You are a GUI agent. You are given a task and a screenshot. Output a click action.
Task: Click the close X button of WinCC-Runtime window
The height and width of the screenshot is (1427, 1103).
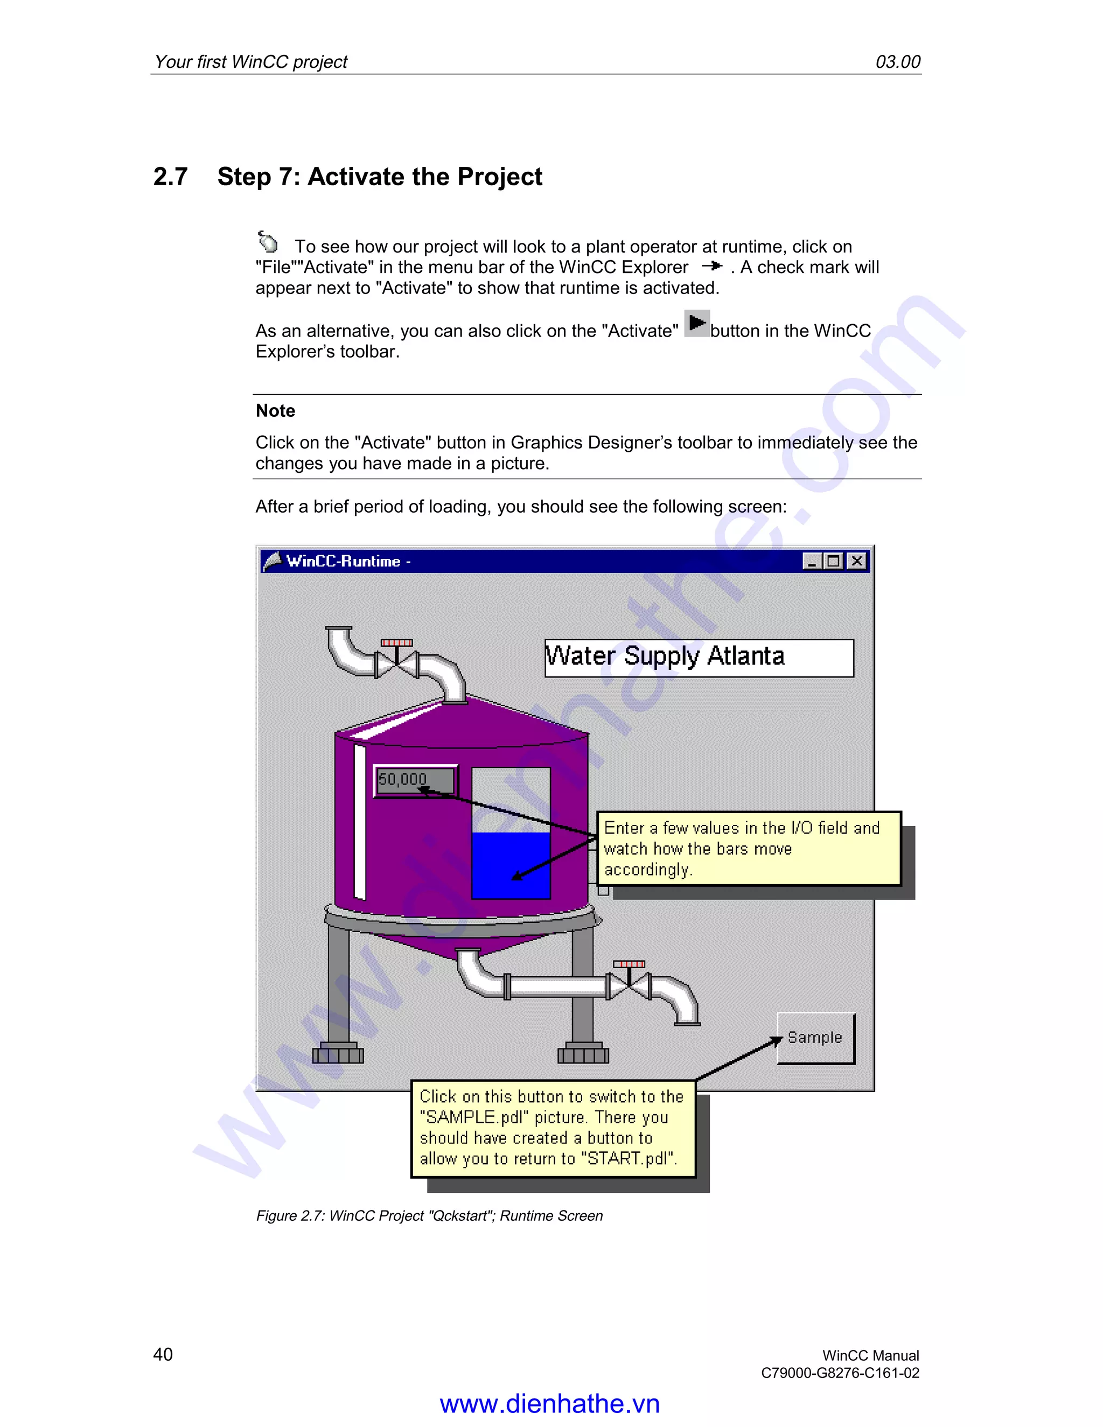coord(857,561)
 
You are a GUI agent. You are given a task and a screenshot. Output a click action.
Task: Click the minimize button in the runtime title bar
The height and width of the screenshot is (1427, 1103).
coord(812,561)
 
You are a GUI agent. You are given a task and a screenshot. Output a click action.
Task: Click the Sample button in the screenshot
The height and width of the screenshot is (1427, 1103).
coord(815,1038)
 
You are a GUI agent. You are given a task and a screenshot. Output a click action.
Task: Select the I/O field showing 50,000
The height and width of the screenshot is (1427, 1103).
coord(415,780)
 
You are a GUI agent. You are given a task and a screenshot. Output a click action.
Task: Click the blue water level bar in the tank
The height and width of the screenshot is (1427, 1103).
coord(511,865)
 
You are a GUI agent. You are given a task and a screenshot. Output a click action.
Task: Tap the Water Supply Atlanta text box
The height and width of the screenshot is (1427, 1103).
coord(699,657)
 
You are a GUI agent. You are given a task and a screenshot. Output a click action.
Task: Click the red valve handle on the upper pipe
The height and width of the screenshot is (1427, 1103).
coord(396,643)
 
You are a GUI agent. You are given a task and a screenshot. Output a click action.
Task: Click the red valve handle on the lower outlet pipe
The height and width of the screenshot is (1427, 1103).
coord(629,964)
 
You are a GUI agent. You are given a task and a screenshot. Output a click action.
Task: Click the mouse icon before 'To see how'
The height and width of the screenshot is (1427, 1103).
coord(267,242)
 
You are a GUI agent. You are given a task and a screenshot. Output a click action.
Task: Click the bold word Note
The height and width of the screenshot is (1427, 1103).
coord(275,411)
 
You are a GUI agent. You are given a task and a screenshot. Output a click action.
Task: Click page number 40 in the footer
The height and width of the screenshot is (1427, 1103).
coord(163,1354)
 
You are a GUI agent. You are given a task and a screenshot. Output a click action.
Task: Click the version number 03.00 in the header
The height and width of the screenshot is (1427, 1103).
coord(897,62)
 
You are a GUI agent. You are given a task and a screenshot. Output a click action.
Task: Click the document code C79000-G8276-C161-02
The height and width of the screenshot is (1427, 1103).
coord(840,1373)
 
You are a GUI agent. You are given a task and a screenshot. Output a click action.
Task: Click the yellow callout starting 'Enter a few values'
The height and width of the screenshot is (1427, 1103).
coord(748,848)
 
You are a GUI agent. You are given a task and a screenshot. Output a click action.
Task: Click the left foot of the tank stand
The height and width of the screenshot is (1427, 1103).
coord(338,1054)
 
